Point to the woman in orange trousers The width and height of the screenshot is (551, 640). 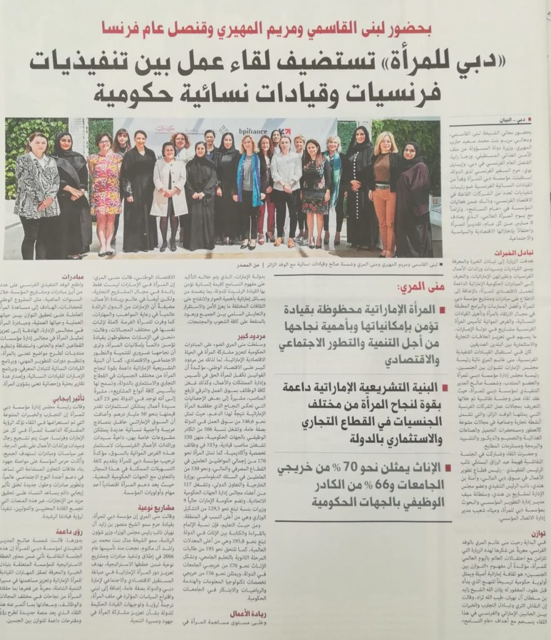tap(384, 187)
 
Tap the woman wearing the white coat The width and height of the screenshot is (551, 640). tap(169, 187)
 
